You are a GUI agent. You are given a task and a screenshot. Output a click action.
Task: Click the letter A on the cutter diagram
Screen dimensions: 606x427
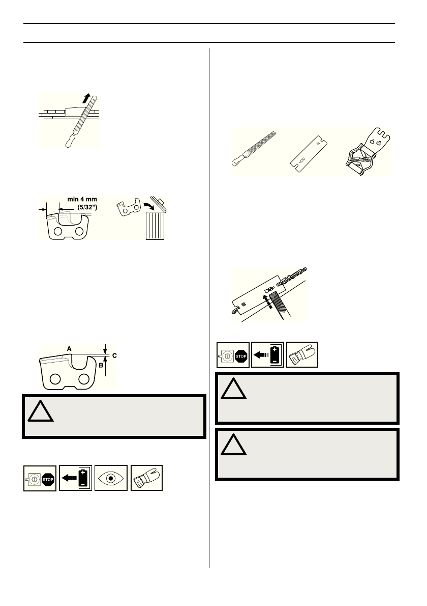69,348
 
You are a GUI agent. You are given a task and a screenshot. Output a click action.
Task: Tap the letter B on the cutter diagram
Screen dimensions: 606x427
101,365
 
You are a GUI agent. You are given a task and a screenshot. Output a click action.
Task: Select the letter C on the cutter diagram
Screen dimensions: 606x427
114,355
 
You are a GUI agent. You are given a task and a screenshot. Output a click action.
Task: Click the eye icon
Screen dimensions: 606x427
110,478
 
